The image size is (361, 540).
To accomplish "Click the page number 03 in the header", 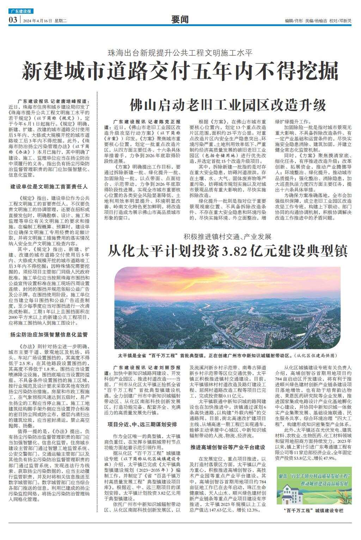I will click(x=13, y=20).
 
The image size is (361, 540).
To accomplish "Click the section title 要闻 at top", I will click(x=180, y=20).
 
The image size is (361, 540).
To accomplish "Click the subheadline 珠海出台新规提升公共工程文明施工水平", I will click(x=180, y=53).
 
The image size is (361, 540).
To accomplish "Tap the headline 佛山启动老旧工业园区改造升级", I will click(x=227, y=105).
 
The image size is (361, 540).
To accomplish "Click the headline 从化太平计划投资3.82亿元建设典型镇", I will click(x=227, y=251).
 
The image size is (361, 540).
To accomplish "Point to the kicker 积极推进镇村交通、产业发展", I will click(x=227, y=236).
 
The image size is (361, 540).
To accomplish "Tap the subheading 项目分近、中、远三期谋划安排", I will click(x=145, y=424).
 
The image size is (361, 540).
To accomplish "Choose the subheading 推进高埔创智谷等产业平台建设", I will click(x=228, y=447).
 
